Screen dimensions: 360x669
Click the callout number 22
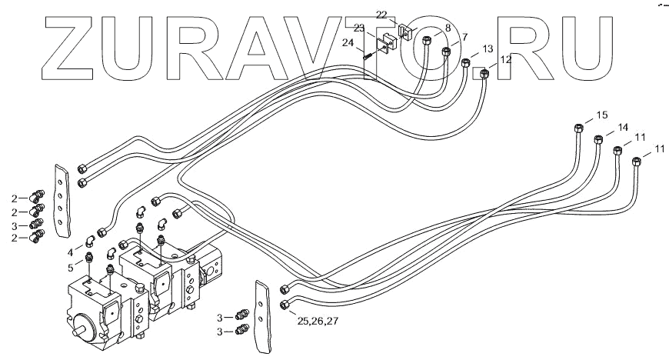pyautogui.click(x=382, y=15)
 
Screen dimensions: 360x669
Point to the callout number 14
pyautogui.click(x=622, y=127)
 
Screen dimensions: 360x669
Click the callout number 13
pyautogui.click(x=487, y=48)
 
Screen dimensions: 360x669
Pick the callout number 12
pyautogui.click(x=505, y=59)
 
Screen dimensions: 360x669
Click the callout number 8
pyautogui.click(x=448, y=28)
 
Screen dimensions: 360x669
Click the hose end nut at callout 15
pyautogui.click(x=578, y=128)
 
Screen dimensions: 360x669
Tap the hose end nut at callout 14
pyautogui.click(x=597, y=140)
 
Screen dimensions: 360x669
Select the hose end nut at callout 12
pyautogui.click(x=484, y=74)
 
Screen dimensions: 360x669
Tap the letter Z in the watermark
pyautogui.click(x=78, y=50)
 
